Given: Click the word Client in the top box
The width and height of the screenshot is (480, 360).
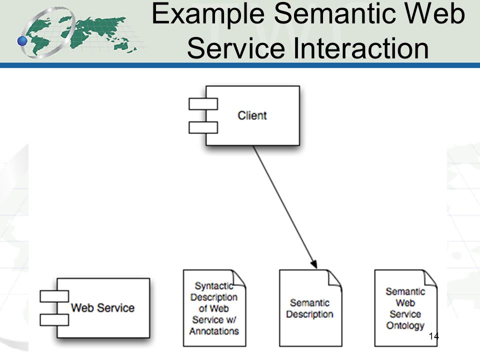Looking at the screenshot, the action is click(252, 115).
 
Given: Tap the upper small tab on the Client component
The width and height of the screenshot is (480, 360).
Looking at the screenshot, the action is click(203, 104).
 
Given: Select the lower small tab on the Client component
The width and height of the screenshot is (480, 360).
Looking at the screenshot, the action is click(203, 127).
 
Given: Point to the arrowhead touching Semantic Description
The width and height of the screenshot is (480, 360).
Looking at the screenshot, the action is click(314, 263).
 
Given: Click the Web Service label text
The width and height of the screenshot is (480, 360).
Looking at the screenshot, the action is click(103, 307).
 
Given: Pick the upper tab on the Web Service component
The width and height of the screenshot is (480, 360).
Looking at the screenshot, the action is click(54, 296).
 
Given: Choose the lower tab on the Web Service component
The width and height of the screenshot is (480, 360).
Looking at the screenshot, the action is click(54, 320).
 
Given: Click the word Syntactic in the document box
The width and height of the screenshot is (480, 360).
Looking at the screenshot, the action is click(214, 286).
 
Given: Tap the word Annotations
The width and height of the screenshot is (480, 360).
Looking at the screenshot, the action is click(214, 331).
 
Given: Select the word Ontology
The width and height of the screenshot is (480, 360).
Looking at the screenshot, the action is click(405, 325).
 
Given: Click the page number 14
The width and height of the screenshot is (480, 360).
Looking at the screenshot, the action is click(434, 336).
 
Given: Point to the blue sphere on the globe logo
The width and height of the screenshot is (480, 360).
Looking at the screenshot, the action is click(22, 40).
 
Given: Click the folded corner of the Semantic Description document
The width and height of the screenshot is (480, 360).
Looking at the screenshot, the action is click(334, 278).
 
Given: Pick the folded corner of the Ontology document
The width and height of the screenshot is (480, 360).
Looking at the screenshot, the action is click(430, 278).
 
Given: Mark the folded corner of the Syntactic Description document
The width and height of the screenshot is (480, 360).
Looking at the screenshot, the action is click(239, 278).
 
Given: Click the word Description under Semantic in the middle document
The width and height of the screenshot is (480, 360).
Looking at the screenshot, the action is click(310, 314).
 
